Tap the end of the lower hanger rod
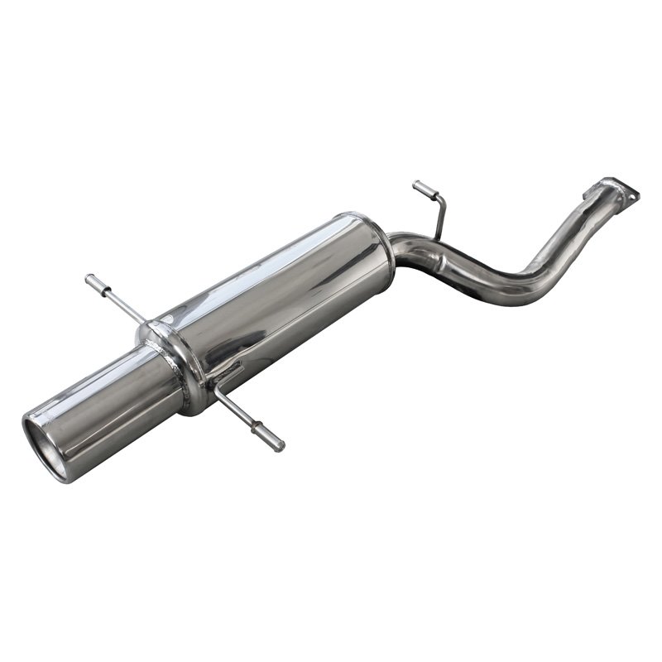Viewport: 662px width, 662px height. pyautogui.click(x=277, y=445)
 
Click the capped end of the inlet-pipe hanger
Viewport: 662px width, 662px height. pyautogui.click(x=418, y=186)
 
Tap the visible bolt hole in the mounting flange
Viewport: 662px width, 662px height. pyautogui.click(x=634, y=197)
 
